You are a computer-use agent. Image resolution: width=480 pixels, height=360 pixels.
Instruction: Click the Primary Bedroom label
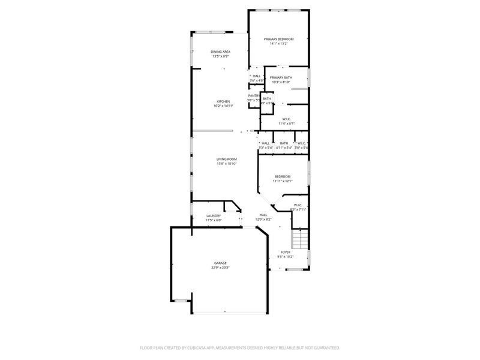pos(279,39)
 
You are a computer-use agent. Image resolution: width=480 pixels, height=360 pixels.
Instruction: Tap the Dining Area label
pos(220,52)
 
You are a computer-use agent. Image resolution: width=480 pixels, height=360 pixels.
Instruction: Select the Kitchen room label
pos(223,101)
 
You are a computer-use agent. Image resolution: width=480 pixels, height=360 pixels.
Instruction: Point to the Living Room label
pos(227,159)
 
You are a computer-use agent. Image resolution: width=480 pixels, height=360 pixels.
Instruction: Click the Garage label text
pos(221,263)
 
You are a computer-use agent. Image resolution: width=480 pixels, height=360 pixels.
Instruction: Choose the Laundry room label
pos(214,216)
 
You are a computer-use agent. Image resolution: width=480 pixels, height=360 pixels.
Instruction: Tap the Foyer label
pos(286,252)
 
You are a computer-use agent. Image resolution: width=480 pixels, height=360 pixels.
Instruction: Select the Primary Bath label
pos(281,77)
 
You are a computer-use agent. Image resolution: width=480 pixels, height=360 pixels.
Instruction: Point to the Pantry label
pos(254,95)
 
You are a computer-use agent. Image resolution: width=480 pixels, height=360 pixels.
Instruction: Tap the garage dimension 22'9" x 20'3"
pos(221,268)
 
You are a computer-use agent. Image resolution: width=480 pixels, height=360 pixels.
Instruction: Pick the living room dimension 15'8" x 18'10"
pos(227,164)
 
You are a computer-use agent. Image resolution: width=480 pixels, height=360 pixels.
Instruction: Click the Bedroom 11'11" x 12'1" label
pos(283,176)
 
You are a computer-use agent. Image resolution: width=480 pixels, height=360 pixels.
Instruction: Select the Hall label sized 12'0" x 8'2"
pos(263,215)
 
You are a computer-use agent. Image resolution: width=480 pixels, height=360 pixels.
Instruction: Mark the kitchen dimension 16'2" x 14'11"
pos(223,106)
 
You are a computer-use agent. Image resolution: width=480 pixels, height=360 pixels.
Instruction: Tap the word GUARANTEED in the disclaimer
pos(326,347)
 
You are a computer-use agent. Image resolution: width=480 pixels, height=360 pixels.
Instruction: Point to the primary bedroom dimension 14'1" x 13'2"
pos(279,44)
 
